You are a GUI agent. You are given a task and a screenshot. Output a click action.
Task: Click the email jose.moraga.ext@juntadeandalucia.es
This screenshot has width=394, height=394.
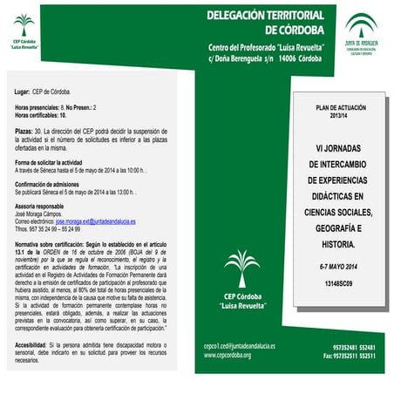(x=93, y=222)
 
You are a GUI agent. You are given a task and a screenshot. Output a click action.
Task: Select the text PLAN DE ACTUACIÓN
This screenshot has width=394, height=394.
(x=337, y=107)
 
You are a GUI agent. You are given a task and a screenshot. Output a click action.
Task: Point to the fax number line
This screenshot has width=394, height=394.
(x=349, y=356)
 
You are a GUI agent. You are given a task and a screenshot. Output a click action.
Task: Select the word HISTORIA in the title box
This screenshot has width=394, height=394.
(x=339, y=244)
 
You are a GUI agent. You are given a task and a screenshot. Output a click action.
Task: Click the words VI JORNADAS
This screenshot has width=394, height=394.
(x=338, y=147)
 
